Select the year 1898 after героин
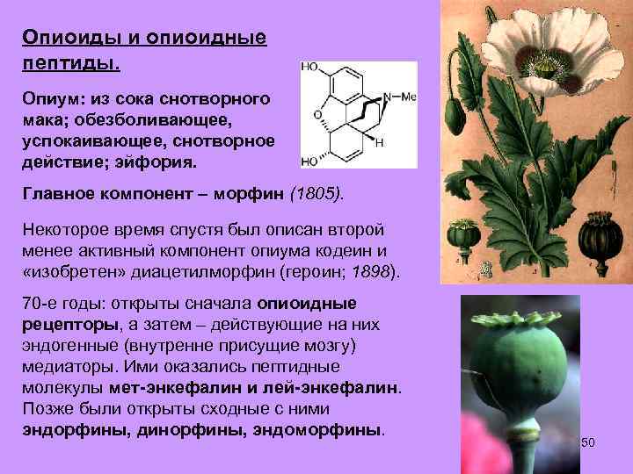[x=369, y=271]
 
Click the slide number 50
[x=588, y=443]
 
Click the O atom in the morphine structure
[x=317, y=114]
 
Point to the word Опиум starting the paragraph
[x=49, y=103]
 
